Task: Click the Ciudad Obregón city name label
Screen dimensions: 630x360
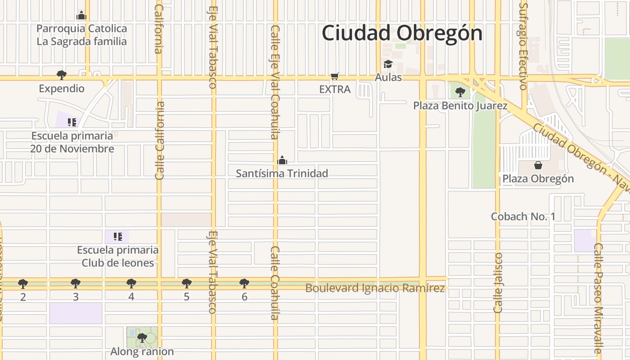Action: [402, 33]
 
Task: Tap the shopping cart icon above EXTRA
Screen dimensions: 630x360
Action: [334, 76]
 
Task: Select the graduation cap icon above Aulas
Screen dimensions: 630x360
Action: [388, 64]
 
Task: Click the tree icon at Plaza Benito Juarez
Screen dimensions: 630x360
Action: [460, 92]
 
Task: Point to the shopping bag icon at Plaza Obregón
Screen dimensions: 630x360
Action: [538, 165]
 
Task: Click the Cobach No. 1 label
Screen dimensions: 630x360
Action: [523, 216]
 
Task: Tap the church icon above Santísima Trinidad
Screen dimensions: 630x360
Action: [282, 160]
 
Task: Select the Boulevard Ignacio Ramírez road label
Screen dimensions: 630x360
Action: [375, 288]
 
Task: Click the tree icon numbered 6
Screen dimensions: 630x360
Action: [244, 283]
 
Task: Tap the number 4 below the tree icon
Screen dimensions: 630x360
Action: [131, 297]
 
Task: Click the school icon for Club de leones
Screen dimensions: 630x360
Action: [117, 237]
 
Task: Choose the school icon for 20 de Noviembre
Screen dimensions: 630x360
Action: [72, 122]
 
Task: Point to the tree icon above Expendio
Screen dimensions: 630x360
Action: [62, 75]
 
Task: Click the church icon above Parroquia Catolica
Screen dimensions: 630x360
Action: [81, 15]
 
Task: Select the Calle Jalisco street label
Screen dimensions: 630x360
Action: [498, 283]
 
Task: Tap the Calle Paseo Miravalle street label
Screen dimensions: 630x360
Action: [598, 298]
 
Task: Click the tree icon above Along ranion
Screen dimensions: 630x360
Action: [142, 337]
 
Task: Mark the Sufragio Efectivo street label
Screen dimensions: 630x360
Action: [523, 46]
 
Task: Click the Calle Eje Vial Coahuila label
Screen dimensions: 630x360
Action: [275, 82]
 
